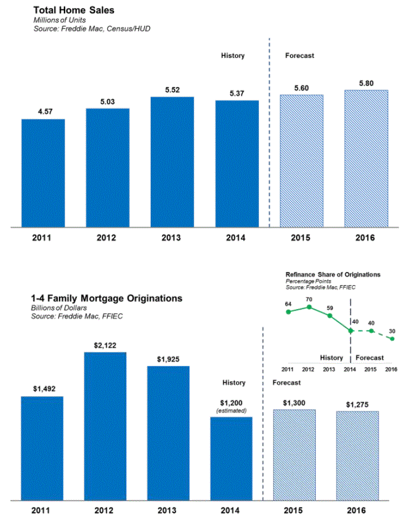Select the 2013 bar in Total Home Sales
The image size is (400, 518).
pyautogui.click(x=172, y=162)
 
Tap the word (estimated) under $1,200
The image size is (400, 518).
pyautogui.click(x=231, y=412)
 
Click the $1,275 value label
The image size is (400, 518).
pyautogui.click(x=358, y=404)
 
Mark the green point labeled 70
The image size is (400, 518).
pyautogui.click(x=309, y=307)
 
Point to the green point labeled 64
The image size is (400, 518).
pyautogui.click(x=289, y=311)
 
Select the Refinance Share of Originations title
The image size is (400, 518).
pyautogui.click(x=333, y=274)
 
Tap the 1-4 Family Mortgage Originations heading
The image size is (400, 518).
pyautogui.click(x=107, y=299)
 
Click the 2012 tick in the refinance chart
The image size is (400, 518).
pyautogui.click(x=308, y=369)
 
